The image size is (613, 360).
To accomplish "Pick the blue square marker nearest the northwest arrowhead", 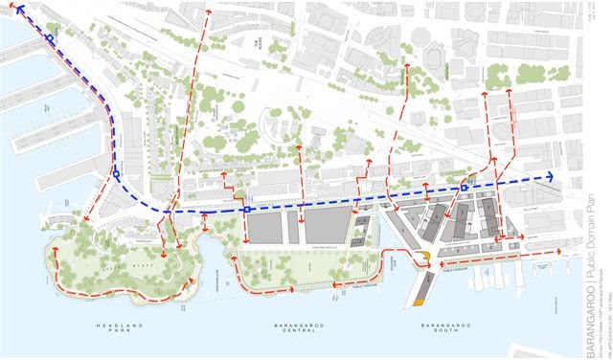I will point(49,39).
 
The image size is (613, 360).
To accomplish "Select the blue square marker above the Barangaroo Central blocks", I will point(247,209).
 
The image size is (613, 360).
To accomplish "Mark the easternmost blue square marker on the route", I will point(465,189).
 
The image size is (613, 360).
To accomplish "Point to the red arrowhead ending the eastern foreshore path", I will point(557,252).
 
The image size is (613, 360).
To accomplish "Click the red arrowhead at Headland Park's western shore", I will point(57,252).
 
